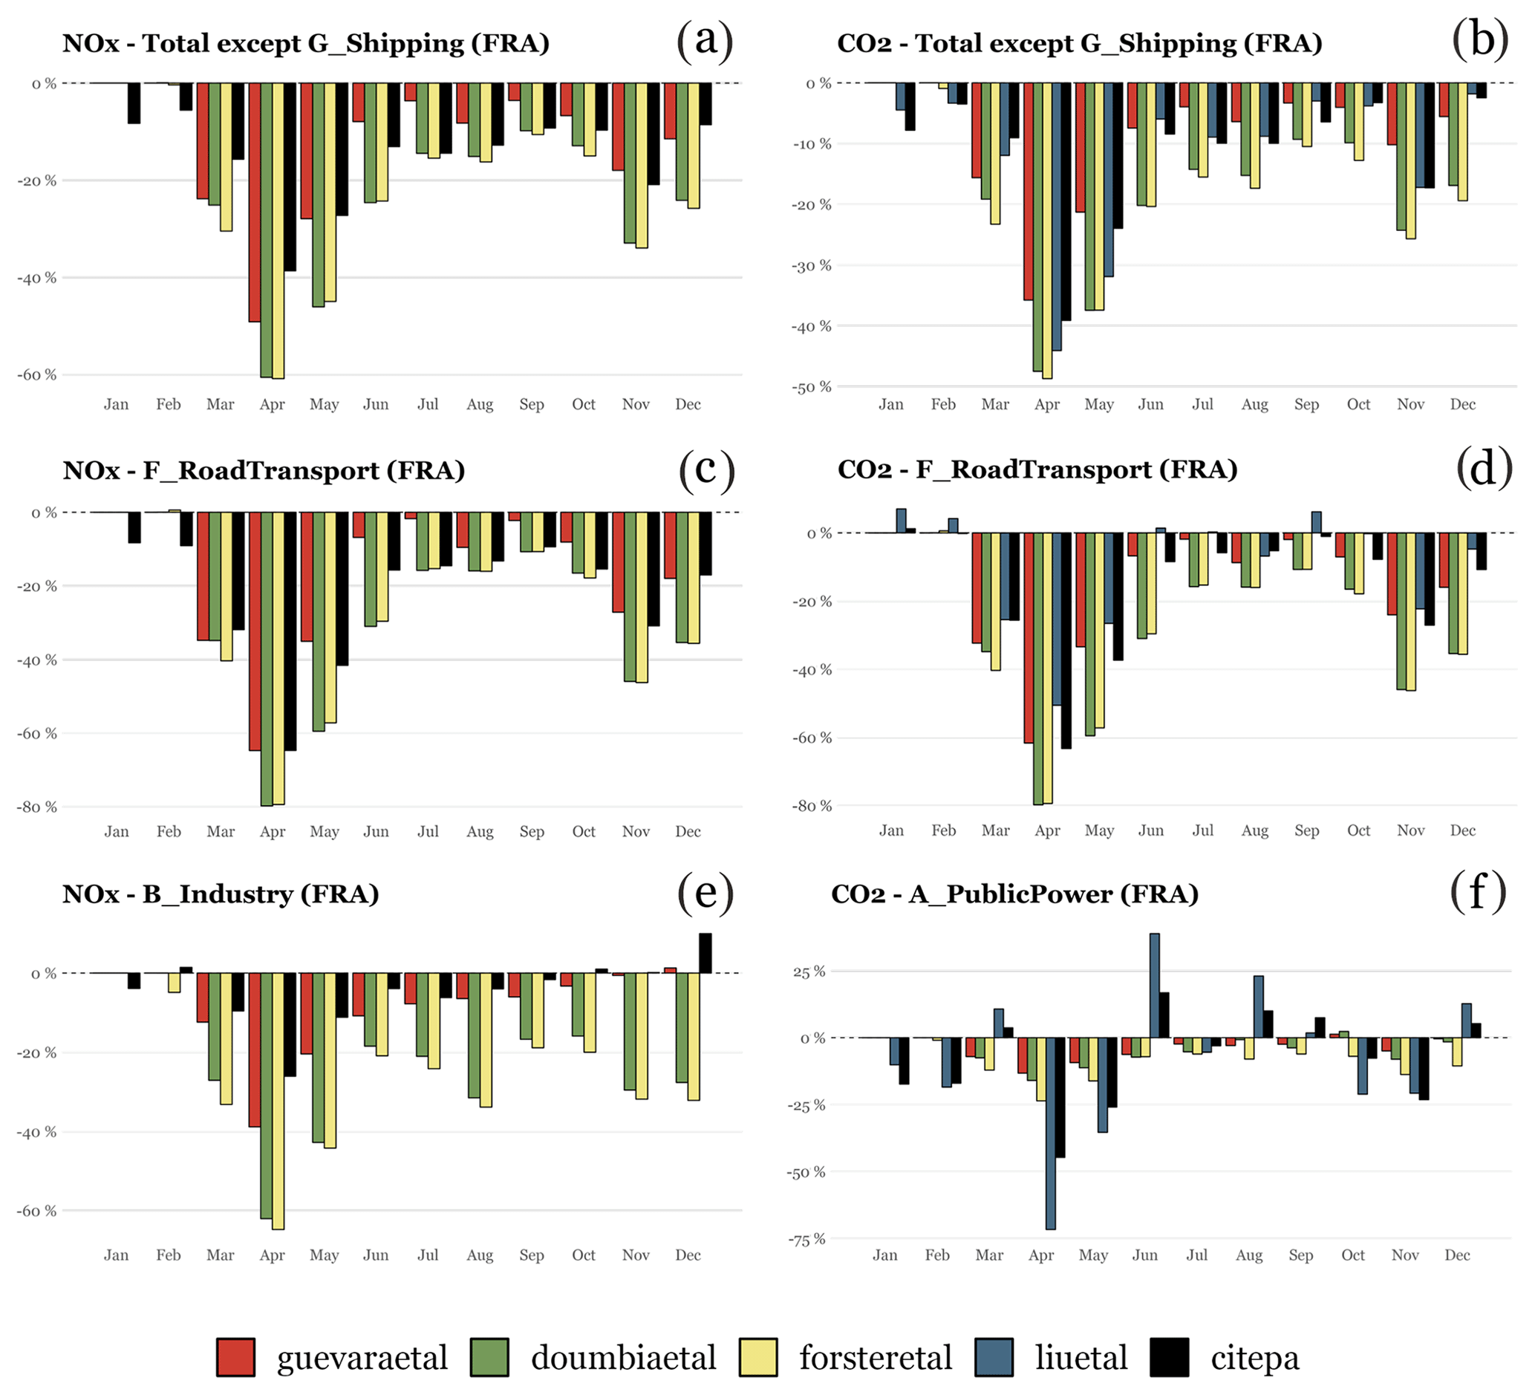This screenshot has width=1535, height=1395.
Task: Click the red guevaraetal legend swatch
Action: [235, 1357]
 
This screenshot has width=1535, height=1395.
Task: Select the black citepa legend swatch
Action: [1169, 1357]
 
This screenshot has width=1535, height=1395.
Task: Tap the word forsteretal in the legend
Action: [875, 1357]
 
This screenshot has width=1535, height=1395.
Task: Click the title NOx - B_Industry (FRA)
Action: [221, 894]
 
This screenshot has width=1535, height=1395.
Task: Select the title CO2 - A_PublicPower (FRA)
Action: [1014, 894]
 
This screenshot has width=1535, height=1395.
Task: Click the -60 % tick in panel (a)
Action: [36, 374]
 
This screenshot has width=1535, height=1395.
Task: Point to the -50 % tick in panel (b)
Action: [812, 387]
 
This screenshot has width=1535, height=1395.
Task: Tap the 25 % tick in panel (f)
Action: [809, 972]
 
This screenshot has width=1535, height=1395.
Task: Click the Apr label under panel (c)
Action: [272, 831]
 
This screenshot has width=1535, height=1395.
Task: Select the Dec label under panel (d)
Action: [1462, 830]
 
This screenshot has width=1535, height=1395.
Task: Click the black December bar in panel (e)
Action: [705, 953]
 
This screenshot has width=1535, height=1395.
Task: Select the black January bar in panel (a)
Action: [134, 103]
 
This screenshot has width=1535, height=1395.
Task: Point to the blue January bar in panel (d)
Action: [901, 521]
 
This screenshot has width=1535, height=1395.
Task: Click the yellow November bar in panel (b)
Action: [1411, 160]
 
